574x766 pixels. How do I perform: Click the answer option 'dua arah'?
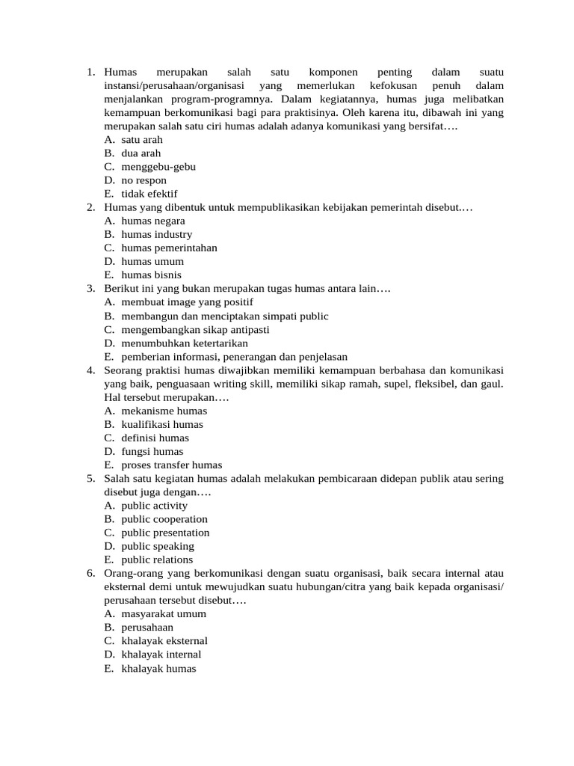tap(141, 153)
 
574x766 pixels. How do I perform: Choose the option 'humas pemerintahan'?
tap(169, 248)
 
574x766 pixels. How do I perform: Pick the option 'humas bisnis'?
tap(151, 275)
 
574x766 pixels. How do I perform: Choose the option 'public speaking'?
tap(158, 546)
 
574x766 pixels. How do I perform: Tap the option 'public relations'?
tap(157, 560)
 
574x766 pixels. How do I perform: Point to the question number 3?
tap(90, 289)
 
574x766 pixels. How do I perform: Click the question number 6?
tap(90, 573)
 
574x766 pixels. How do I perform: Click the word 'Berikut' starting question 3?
tap(121, 289)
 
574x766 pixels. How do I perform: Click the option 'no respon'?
tap(143, 180)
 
